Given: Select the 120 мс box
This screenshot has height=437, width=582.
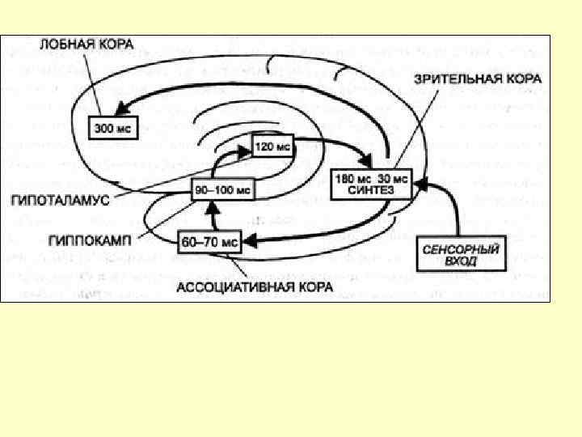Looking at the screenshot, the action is (271, 147).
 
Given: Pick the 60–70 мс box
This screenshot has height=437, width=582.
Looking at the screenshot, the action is (209, 240).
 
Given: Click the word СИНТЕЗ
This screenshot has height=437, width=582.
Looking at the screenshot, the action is (372, 189).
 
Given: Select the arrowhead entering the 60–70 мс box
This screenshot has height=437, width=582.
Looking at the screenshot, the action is (247, 240).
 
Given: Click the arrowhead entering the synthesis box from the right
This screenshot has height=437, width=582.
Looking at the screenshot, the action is (418, 185).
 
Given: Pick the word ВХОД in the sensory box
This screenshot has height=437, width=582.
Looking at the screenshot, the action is (461, 261).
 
